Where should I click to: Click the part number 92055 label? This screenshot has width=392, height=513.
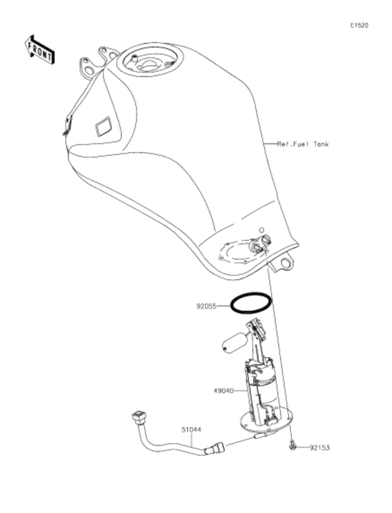206,307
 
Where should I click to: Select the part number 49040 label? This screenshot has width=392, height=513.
224,391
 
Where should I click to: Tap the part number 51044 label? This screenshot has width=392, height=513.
192,430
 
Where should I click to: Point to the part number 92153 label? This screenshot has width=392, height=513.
320,447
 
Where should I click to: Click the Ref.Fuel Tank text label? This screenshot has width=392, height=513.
302,144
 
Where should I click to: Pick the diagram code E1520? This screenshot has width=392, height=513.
359,25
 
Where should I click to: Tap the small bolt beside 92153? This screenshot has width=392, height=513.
292,446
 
